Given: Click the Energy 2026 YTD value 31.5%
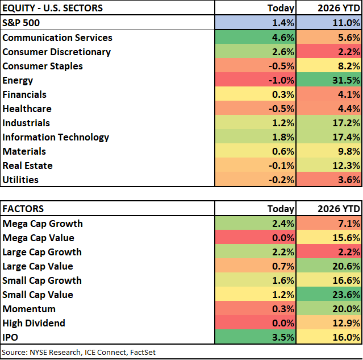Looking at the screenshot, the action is pos(346,80).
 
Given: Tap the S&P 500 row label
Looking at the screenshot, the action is pos(21,23).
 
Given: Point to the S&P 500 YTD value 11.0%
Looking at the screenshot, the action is pos(346,23).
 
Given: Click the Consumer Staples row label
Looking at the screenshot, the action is pos(43,66).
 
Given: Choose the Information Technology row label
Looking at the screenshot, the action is pos(56,137).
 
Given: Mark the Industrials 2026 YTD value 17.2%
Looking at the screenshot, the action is pos(346,123).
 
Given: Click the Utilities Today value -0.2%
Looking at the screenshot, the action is pos(281,180).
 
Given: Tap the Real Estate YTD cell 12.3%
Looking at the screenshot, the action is pos(346,165).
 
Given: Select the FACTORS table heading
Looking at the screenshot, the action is pos(23,209).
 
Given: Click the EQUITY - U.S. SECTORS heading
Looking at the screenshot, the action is pos(53,8).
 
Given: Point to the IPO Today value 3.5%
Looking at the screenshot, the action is pos(283,337).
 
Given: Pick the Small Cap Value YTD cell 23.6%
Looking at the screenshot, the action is pos(346,295).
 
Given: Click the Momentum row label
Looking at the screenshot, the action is pos(29,309).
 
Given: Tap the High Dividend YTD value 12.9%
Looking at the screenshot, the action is pos(346,323).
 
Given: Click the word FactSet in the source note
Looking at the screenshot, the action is pos(143,352).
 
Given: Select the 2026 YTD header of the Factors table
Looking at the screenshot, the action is pos(339,209).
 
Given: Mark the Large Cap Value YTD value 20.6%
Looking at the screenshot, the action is pos(346,266).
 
